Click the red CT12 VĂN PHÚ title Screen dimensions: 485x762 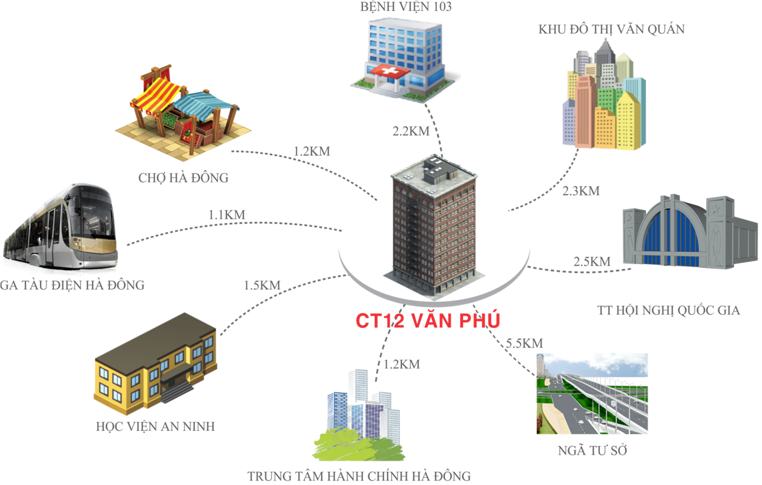(427, 320)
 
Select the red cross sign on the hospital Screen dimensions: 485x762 (388, 72)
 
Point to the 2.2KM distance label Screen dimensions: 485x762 (411, 132)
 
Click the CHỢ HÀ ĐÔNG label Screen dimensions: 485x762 (183, 178)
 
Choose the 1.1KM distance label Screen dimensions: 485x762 (226, 215)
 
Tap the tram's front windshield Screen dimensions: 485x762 (94, 209)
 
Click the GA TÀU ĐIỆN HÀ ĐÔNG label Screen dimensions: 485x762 (72, 285)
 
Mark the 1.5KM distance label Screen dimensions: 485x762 (262, 285)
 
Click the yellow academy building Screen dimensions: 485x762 (155, 361)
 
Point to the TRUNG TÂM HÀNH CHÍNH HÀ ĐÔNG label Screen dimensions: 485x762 (359, 476)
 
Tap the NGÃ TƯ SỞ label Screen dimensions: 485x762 (592, 451)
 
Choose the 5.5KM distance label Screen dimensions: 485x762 (524, 343)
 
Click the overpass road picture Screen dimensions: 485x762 (592, 394)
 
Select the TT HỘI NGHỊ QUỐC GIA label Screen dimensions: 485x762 (668, 310)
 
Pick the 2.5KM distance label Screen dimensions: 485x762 (592, 261)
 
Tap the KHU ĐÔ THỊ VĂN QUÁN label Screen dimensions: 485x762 (611, 29)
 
